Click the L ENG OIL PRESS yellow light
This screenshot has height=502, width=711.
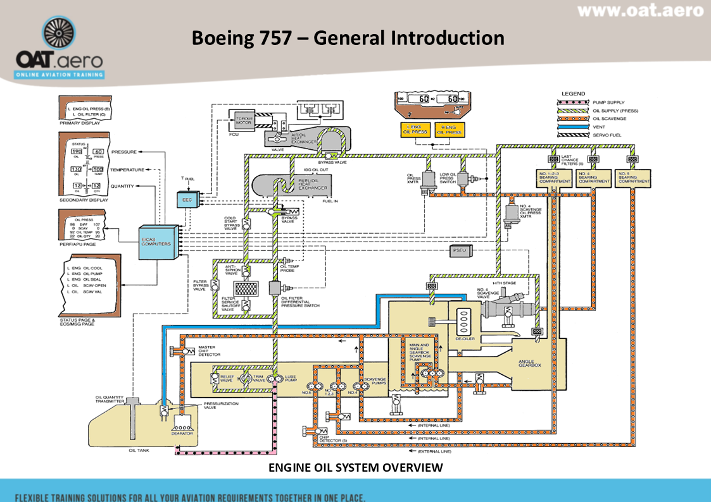point(415,130)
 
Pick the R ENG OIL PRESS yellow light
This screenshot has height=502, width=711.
point(449,130)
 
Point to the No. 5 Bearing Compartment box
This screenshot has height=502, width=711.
point(632,177)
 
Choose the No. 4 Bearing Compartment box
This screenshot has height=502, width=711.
point(594,177)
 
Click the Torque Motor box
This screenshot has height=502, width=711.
point(243,121)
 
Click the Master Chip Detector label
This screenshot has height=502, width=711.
point(210,350)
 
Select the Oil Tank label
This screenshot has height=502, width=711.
point(139,450)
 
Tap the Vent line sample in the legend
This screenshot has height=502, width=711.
point(572,126)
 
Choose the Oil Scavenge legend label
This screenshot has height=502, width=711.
point(610,118)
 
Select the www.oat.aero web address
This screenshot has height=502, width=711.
point(640,11)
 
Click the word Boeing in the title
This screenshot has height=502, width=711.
point(222,38)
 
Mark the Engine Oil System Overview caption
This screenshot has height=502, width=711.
point(355,468)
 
